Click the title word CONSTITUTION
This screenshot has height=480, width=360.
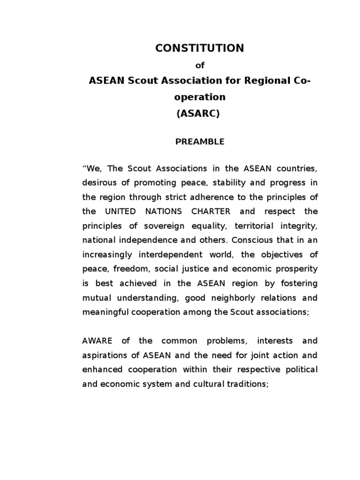(200, 48)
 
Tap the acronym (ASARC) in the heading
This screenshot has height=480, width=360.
(198, 113)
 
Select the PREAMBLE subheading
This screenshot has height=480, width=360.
(200, 142)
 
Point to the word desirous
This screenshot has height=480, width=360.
(98, 182)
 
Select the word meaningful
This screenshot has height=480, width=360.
(104, 312)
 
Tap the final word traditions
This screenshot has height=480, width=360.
(231, 384)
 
